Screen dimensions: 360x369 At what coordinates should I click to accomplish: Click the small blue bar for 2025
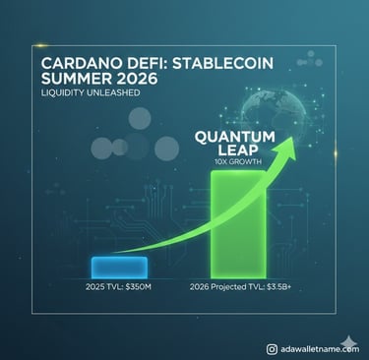pyautogui.click(x=118, y=266)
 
